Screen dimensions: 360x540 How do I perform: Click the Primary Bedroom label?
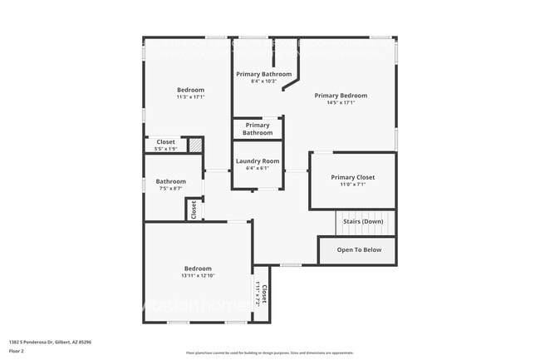tap(341, 96)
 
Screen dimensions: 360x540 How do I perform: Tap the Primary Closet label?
tap(352, 177)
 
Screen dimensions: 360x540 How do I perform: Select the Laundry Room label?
tap(257, 161)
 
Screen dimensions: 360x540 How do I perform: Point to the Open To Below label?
tap(359, 249)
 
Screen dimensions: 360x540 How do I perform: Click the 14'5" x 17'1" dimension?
tap(341, 103)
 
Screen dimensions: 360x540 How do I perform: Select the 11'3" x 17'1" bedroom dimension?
tap(190, 97)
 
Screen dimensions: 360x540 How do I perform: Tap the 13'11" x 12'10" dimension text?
tap(199, 276)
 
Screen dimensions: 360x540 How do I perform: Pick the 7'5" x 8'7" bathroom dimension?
tap(170, 189)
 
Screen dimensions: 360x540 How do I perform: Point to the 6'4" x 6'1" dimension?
tap(257, 169)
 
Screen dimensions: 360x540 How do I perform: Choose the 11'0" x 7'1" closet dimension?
tap(352, 185)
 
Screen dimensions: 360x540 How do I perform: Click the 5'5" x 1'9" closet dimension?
tap(165, 149)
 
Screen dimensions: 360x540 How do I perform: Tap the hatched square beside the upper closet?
tap(194, 145)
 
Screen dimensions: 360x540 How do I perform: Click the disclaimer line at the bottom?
tap(269, 354)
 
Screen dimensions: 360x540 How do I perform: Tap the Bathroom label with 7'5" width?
tap(170, 181)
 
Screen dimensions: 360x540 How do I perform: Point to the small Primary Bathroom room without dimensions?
tap(257, 129)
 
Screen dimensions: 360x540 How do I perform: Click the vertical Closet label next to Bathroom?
tap(194, 210)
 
